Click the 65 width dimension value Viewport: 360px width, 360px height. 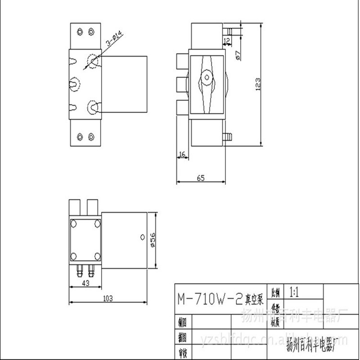pyautogui.click(x=201, y=178)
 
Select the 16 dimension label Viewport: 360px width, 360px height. pyautogui.click(x=182, y=154)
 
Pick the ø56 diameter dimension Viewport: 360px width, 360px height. pyautogui.click(x=153, y=239)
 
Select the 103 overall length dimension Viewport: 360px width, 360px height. pyautogui.click(x=107, y=299)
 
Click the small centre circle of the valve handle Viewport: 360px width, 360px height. pyautogui.click(x=206, y=76)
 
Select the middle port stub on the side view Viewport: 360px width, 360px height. pyautogui.click(x=181, y=83)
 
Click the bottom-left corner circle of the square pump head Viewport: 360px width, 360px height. pyautogui.click(x=73, y=256)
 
